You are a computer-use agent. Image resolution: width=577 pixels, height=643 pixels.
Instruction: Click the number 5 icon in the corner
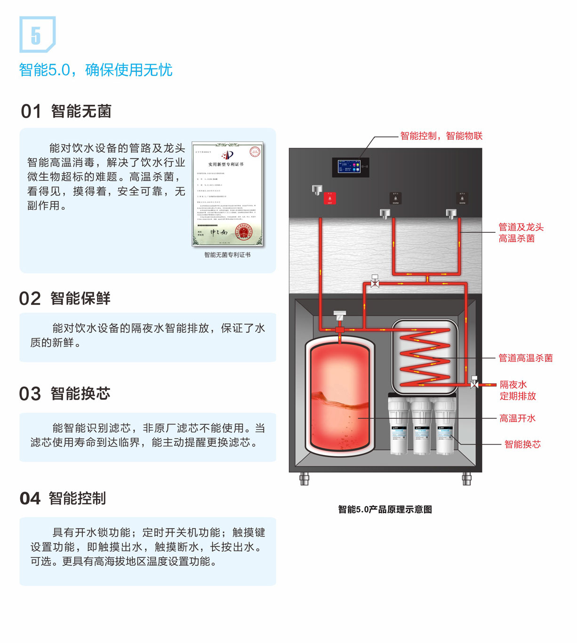pos(37,34)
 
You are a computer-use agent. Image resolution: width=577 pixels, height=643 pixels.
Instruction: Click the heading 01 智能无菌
pos(66,111)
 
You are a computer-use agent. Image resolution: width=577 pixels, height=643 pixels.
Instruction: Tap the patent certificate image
pos(227,194)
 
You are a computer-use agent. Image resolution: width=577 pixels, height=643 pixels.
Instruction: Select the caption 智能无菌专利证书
pos(227,255)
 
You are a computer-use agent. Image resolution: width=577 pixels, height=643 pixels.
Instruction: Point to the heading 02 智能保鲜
pos(65,299)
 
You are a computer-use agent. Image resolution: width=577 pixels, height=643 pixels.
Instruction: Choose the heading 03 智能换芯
pos(65,394)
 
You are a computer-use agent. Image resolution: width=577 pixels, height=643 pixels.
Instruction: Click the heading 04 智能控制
pos(63,498)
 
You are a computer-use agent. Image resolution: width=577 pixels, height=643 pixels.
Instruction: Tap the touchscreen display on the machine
pos(350,167)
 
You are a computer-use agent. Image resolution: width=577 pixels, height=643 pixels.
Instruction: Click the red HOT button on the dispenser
pos(329,198)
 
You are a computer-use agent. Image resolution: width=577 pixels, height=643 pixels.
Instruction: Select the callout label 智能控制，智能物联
pos(441,136)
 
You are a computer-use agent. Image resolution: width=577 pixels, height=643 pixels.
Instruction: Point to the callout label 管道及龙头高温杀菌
pos(521,233)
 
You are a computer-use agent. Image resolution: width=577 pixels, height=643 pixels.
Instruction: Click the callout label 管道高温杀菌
pos(525,358)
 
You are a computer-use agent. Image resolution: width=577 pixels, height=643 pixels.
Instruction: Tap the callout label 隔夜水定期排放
pos(517,390)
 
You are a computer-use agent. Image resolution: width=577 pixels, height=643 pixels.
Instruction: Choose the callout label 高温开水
pos(517,418)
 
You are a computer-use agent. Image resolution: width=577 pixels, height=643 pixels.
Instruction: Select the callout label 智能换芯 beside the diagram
pos(522,444)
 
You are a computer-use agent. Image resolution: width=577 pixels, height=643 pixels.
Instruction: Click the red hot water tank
pos(340,397)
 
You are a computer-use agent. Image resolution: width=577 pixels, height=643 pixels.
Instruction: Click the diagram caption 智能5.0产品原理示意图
pos(385,509)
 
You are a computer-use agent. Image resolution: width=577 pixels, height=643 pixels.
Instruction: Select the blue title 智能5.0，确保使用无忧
pos(96,70)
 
